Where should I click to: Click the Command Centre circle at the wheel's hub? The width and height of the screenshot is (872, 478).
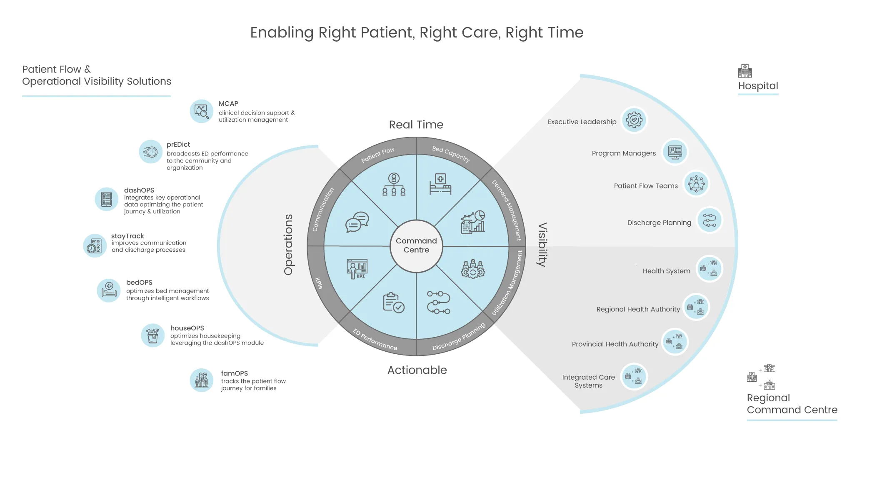tap(416, 246)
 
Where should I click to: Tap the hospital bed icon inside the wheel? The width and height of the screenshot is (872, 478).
tap(440, 184)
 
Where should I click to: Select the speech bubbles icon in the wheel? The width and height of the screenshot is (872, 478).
tap(357, 222)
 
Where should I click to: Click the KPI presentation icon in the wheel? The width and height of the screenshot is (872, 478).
tap(357, 269)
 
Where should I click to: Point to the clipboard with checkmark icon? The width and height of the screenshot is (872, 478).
tap(393, 303)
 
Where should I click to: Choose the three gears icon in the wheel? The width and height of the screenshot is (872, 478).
tap(472, 269)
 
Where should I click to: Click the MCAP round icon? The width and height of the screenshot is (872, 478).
tap(202, 111)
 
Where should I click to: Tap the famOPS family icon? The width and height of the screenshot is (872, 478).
tap(202, 380)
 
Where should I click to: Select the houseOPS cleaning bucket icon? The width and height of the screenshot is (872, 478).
tap(153, 335)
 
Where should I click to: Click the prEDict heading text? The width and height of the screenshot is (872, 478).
tap(178, 145)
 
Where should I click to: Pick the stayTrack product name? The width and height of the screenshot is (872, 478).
tap(127, 236)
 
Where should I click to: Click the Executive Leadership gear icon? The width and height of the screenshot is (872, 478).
tap(634, 120)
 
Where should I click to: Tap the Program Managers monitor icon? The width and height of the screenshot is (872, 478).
tap(675, 152)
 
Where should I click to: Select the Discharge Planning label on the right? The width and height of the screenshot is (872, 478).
tap(659, 223)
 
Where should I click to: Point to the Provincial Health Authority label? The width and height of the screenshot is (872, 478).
tap(615, 344)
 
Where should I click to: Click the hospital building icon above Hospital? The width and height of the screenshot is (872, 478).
tap(745, 71)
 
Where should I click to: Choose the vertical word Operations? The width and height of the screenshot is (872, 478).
tap(288, 245)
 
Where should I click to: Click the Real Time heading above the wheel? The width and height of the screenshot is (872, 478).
tap(416, 125)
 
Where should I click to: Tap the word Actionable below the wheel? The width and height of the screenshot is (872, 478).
tap(417, 370)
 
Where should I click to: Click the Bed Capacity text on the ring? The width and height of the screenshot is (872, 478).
tap(451, 154)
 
